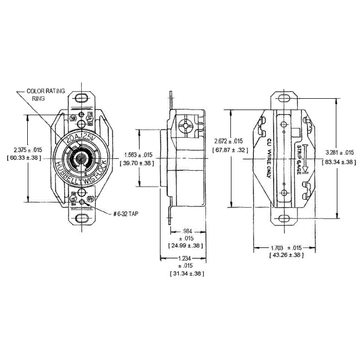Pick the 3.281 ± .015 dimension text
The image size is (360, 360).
click(x=340, y=153)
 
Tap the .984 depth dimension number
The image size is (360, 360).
click(x=186, y=231)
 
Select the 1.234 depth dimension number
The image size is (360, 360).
click(x=186, y=259)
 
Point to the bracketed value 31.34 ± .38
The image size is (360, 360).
click(x=186, y=274)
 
